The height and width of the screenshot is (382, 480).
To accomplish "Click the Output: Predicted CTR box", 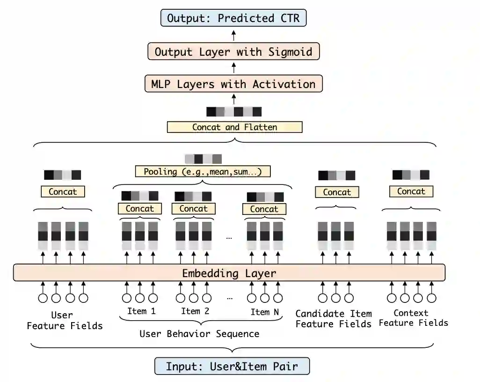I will coord(233,18).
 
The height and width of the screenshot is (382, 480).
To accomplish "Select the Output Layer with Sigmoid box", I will coord(233,51).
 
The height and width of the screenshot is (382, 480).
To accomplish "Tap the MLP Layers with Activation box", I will coord(233,84).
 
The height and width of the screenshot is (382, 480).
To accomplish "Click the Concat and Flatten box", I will coord(234,127).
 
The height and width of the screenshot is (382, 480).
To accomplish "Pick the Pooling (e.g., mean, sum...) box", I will coord(204,171).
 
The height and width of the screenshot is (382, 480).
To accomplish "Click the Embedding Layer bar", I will coord(229,273).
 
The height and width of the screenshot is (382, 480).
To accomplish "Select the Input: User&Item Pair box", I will coord(232,366).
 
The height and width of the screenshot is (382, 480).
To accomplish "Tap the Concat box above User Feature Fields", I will coord(63,191).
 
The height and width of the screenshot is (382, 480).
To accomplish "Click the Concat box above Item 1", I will coord(139,209).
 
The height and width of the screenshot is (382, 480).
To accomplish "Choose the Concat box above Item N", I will coord(264,209).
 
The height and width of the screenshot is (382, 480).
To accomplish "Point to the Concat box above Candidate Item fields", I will coord(336,192).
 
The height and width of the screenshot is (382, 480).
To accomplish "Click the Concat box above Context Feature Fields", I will coord(411,191).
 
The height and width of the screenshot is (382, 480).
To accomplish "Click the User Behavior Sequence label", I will coord(199,334).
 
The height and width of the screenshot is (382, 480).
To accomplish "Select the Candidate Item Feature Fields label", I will coord(334,319).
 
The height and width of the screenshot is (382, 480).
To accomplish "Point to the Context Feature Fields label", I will coord(413,318).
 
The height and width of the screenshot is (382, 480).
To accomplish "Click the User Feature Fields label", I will coord(65,320).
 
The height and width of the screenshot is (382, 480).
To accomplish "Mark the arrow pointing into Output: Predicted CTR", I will coord(233,35).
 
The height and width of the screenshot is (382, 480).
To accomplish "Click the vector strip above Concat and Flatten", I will coord(234,112).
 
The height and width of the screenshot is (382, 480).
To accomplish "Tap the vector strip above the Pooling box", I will coord(203,159).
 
